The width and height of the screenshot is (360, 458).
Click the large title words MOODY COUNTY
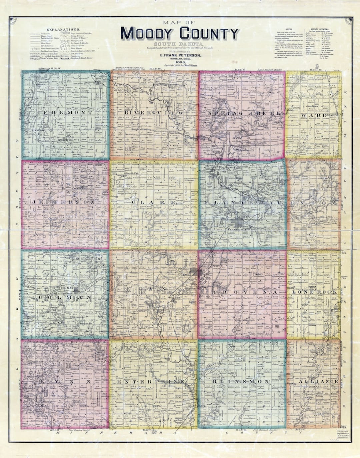coord(180,34)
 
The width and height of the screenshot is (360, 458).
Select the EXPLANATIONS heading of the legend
coord(63,30)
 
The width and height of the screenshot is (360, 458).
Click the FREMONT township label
coord(68,113)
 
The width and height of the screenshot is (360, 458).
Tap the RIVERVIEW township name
coord(154,113)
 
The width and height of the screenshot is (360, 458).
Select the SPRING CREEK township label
coord(245,113)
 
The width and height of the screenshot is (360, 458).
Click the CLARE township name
coord(154,202)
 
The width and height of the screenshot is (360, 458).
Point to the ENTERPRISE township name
coord(151,381)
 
